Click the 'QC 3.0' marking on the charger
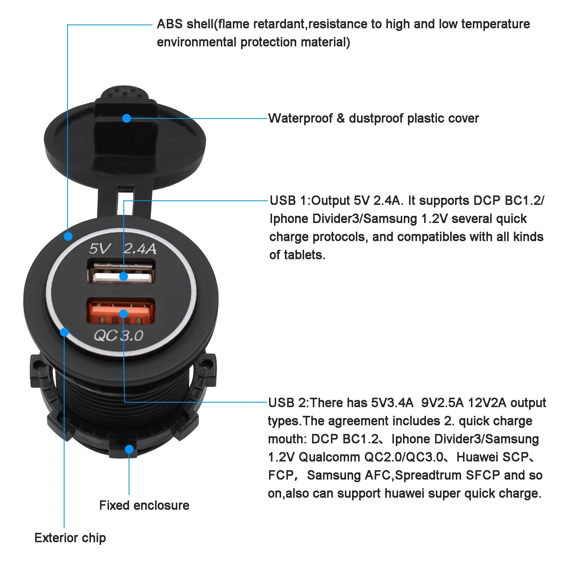point(118,335)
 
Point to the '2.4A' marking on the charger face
point(140,249)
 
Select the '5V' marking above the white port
point(99,249)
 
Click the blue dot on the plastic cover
point(127,118)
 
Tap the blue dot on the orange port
point(123,314)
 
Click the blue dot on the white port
point(123,277)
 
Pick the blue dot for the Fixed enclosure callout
point(129,449)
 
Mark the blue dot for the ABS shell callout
point(68,236)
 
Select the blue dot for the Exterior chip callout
point(65,332)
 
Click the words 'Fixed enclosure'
point(144,505)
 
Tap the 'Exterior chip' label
point(70,538)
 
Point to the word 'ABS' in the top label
point(169,24)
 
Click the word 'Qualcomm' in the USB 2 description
point(329,457)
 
